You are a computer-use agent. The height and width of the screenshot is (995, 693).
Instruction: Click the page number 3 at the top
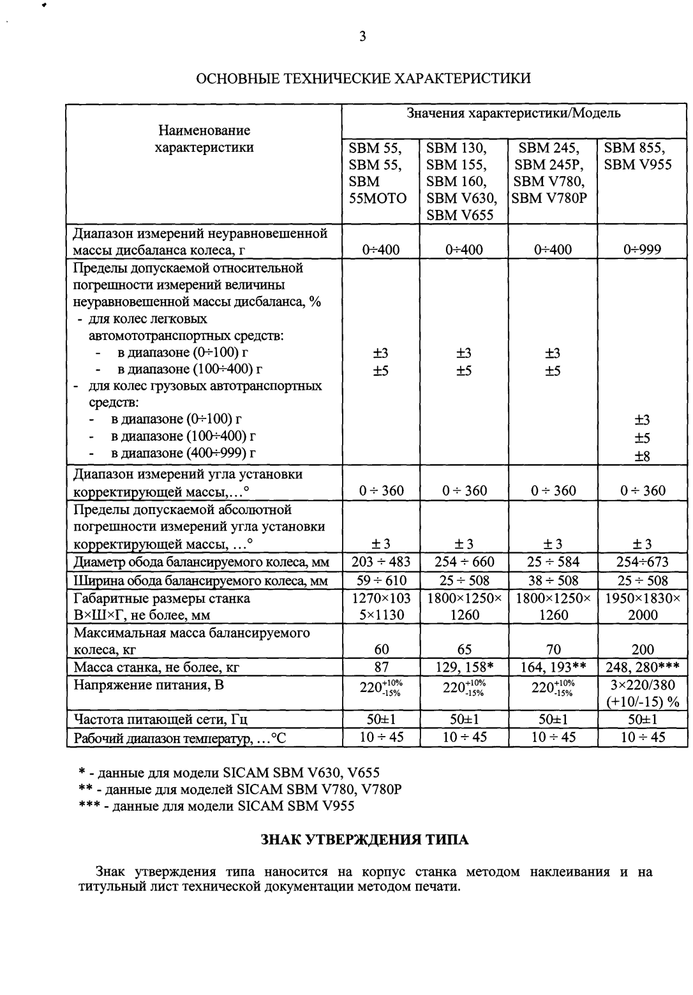point(362,36)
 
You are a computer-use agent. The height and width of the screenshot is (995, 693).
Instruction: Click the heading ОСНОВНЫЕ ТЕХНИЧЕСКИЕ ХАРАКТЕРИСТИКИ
point(362,78)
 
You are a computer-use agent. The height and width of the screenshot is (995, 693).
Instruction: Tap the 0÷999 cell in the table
point(642,249)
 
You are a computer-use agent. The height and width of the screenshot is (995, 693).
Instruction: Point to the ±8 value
point(642,456)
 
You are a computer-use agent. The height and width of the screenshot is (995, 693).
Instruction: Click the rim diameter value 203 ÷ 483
point(381,562)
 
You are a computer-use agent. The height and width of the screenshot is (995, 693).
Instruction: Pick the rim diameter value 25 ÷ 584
point(553,562)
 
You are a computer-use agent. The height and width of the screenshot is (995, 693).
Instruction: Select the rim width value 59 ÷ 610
point(381,580)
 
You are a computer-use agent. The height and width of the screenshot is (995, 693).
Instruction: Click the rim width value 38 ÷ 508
point(553,580)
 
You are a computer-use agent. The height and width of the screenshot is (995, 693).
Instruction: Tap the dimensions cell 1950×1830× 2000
point(642,607)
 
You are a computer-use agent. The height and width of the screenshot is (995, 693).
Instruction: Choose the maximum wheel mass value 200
point(642,649)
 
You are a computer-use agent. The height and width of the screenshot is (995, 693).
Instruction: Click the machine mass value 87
point(381,667)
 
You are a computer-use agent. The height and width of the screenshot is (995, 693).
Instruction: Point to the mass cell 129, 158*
point(465,667)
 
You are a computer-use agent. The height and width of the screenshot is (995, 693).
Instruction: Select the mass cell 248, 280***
point(642,667)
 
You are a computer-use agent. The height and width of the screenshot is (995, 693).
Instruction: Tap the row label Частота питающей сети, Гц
point(160,719)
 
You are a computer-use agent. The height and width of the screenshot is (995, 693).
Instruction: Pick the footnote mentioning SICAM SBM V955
point(216,806)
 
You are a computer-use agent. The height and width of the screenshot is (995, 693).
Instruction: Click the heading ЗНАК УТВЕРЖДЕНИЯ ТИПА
point(365,839)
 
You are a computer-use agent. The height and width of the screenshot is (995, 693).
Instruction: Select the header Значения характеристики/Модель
point(514,114)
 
